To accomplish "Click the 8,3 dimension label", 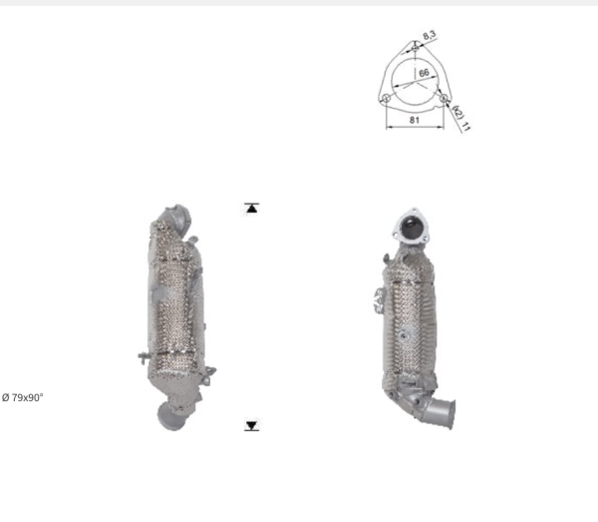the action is click(429, 36).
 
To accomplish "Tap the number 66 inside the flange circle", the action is click(424, 73).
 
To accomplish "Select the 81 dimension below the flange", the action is click(415, 120).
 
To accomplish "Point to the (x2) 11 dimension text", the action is click(461, 119).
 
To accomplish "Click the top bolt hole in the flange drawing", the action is click(416, 48).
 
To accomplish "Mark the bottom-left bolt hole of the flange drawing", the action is click(387, 98).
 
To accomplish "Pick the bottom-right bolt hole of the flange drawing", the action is click(443, 98).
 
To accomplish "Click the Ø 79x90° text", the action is click(23, 397).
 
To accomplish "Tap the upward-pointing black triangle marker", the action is click(251, 209).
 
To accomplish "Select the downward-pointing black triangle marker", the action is click(251, 425).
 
